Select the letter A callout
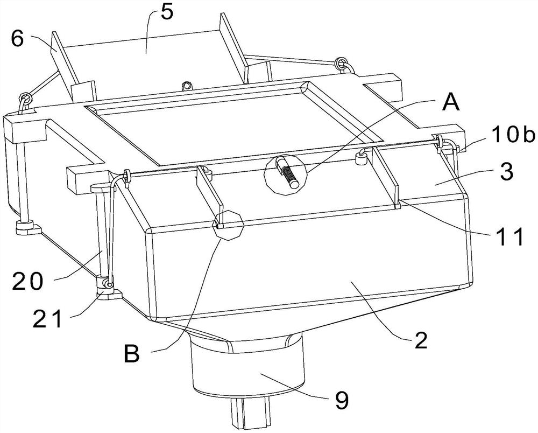[450, 103]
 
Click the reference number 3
[507, 172]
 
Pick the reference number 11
[508, 236]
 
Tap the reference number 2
[421, 340]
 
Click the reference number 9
[342, 400]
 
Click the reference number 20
[28, 281]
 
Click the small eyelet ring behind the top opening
[187, 86]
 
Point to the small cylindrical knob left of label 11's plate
[362, 159]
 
